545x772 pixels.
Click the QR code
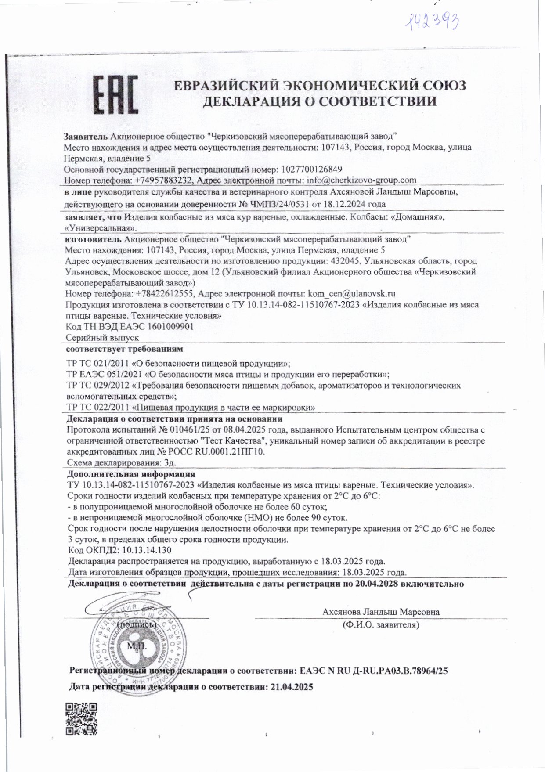pos(81,718)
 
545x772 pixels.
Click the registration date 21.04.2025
pos(290,687)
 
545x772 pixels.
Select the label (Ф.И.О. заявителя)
pos(380,624)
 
